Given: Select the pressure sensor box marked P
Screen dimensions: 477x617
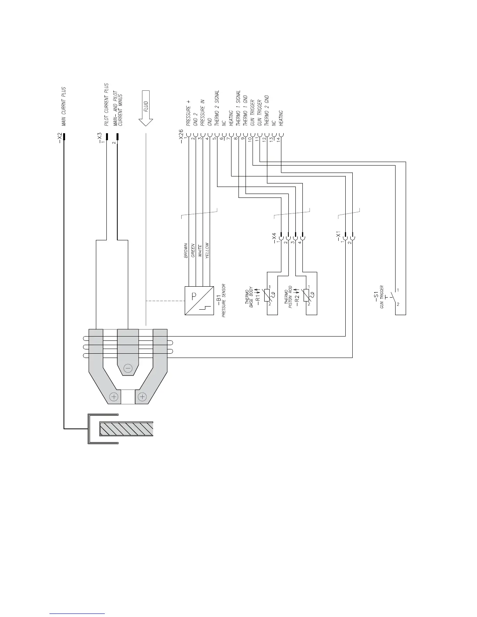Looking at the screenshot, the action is point(199,301).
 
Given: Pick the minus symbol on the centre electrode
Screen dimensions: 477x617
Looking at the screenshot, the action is point(128,367).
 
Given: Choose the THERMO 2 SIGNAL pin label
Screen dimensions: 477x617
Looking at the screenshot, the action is point(217,108).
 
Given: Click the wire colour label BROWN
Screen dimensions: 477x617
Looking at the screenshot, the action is point(186,251).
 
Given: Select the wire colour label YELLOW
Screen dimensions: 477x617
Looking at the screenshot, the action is point(207,251).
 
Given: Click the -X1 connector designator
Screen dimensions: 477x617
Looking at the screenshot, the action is point(338,236).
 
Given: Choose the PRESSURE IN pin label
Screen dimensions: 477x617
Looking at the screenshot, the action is point(203,112).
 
